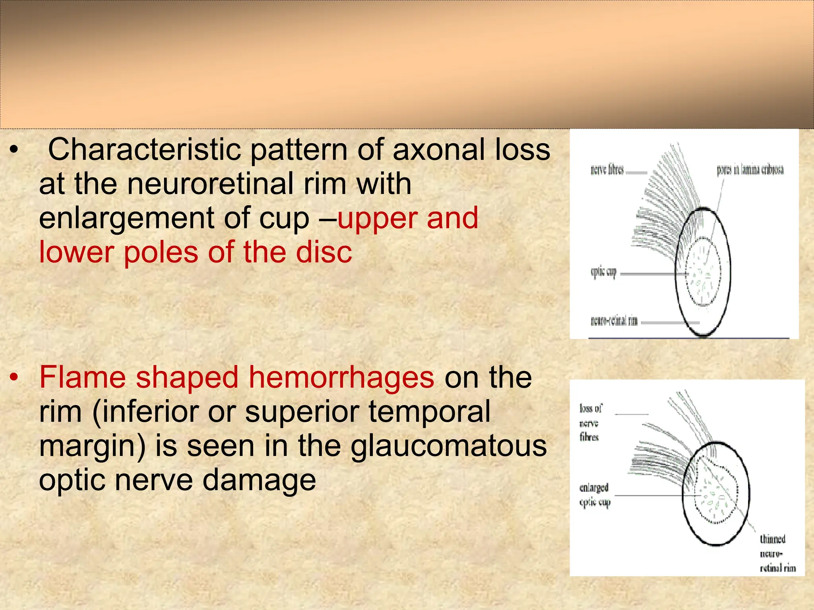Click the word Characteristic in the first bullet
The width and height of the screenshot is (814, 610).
(145, 150)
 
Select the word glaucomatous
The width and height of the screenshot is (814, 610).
(449, 446)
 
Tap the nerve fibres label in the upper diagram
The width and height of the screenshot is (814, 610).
(607, 170)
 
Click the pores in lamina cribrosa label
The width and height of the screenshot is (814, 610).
(750, 170)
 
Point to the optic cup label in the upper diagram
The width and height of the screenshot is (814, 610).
(603, 272)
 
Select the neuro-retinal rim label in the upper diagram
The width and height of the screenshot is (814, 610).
(614, 321)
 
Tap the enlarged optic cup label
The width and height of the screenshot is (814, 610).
(594, 495)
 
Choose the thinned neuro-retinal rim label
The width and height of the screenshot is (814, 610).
(777, 554)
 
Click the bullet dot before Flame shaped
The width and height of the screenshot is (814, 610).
(14, 377)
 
